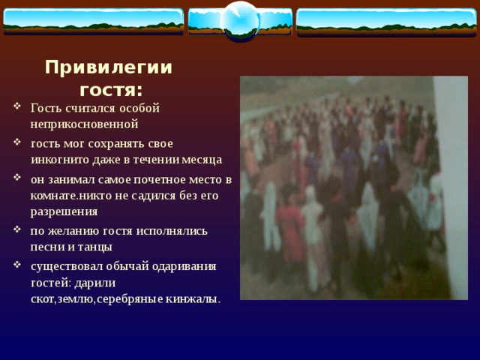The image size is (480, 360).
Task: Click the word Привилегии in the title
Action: [x=109, y=67]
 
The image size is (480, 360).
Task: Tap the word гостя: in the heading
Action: [x=111, y=90]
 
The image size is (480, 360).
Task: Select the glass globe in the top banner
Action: [x=240, y=21]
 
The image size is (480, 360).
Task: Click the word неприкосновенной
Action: [x=85, y=124]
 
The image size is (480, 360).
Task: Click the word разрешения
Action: [x=64, y=211]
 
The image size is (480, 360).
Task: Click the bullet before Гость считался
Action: [x=17, y=106]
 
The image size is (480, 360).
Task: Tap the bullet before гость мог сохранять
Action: [x=17, y=142]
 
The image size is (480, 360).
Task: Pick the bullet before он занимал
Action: [x=17, y=177]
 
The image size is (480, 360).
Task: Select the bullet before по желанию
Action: [x=17, y=229]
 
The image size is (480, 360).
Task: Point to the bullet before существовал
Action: [x=17, y=265]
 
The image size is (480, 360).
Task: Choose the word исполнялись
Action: [x=172, y=231]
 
